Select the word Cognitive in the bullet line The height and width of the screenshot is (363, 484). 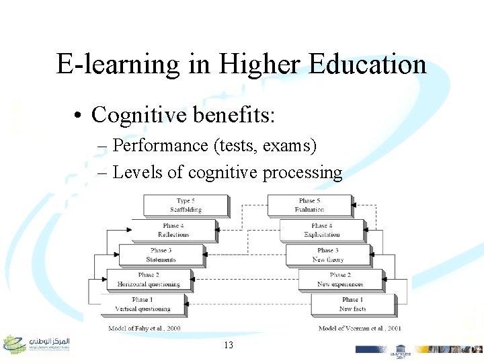[x=138, y=115]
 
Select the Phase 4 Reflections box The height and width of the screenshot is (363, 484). [x=173, y=230]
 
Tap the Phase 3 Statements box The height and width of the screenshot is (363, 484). [x=161, y=255]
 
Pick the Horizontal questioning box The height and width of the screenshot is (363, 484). [x=149, y=280]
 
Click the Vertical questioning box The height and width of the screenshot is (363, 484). [x=143, y=304]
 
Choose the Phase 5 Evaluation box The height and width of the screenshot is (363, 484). [x=309, y=205]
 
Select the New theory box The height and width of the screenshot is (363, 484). [x=327, y=255]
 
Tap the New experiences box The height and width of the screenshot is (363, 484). [x=340, y=280]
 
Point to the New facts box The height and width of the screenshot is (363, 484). [x=352, y=304]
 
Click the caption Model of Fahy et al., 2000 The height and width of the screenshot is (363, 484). [x=145, y=328]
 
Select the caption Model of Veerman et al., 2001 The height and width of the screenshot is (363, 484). [x=360, y=328]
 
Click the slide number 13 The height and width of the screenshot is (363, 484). [x=229, y=345]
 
